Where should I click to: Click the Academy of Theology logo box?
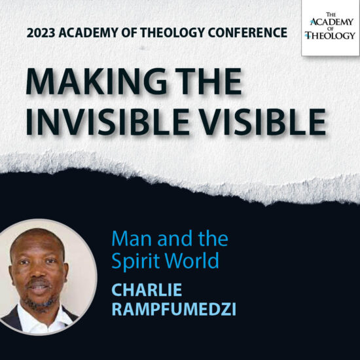coord(330,27)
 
